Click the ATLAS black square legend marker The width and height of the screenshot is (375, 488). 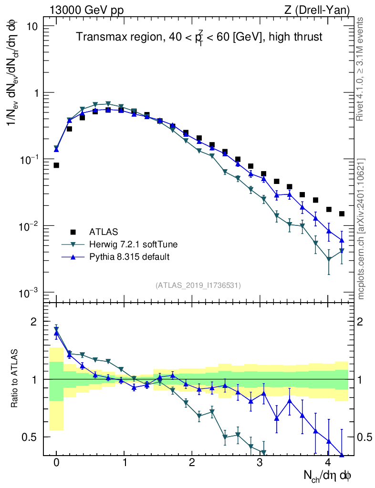(73, 232)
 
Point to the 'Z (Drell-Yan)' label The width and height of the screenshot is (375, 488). (323, 10)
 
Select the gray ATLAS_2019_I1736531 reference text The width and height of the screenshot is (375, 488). (198, 285)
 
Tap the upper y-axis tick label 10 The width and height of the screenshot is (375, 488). (32, 26)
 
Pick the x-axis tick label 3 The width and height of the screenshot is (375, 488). (260, 463)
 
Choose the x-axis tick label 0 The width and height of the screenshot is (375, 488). (56, 463)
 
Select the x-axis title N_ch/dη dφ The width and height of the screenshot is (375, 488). (327, 475)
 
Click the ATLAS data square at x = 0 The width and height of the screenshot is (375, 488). (56, 165)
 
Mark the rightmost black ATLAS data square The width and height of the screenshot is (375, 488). (341, 213)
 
